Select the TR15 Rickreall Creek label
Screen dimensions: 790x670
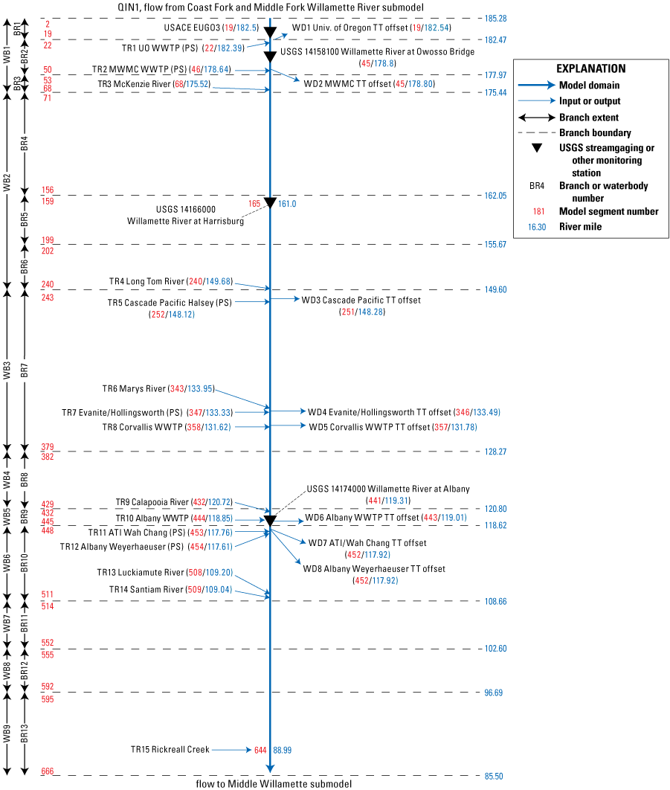170,750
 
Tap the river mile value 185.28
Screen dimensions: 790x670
495,19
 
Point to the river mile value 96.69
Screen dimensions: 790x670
493,693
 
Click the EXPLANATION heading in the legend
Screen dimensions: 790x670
590,68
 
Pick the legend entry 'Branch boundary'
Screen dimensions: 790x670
594,132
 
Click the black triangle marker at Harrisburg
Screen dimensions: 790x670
270,203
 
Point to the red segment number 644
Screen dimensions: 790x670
260,751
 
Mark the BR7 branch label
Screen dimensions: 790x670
25,370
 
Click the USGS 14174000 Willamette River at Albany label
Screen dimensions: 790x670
388,489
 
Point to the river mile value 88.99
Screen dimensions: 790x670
283,751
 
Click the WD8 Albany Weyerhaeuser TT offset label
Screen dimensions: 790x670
374,568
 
